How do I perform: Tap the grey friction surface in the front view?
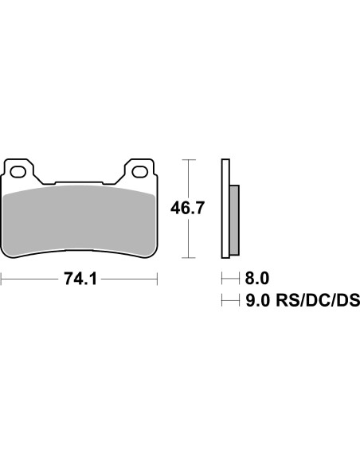point(80,219)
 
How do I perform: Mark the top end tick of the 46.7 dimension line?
point(187,160)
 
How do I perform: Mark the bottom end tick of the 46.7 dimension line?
point(187,258)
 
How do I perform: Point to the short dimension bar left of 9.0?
point(230,300)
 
